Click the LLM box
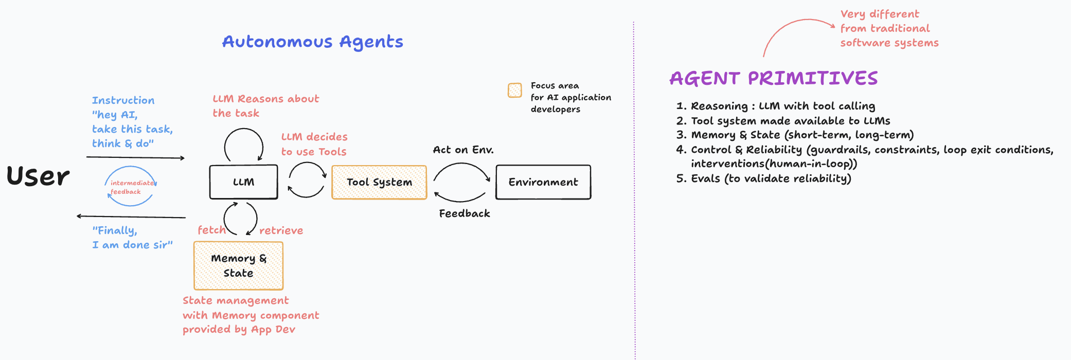tap(243, 182)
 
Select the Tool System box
tap(379, 182)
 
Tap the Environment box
tap(543, 182)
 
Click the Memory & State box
tap(238, 265)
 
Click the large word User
tap(38, 176)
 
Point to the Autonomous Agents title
tap(312, 42)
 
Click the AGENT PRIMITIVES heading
tap(773, 78)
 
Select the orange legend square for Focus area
tap(514, 91)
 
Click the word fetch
tap(211, 230)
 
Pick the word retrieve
tap(281, 230)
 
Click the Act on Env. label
tap(463, 150)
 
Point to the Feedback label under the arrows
tap(464, 213)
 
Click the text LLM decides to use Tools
tap(314, 144)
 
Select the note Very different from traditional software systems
tap(889, 28)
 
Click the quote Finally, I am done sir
tap(132, 238)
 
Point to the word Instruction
tap(123, 100)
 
